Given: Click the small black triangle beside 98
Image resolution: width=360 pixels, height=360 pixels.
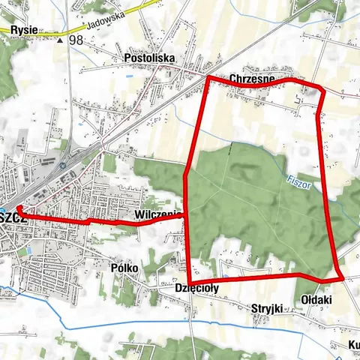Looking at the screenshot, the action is pyautogui.click(x=60, y=40).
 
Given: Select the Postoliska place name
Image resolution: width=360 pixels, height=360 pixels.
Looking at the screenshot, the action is pyautogui.click(x=148, y=57).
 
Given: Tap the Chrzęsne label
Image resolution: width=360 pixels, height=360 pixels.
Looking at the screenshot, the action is pyautogui.click(x=252, y=78).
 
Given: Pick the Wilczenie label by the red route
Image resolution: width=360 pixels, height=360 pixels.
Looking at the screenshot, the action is pyautogui.click(x=156, y=215).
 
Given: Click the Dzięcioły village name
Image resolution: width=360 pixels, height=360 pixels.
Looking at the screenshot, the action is pyautogui.click(x=196, y=288).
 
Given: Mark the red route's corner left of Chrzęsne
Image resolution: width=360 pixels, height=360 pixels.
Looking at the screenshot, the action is pyautogui.click(x=207, y=77).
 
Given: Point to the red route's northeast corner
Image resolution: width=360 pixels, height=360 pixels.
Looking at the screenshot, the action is pyautogui.click(x=322, y=90).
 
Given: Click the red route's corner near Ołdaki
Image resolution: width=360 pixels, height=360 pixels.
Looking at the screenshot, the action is pyautogui.click(x=341, y=278).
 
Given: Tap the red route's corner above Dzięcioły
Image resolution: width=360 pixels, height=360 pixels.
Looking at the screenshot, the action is pyautogui.click(x=188, y=275).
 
